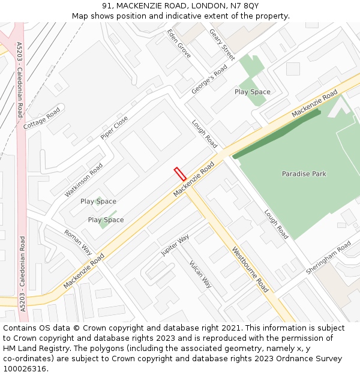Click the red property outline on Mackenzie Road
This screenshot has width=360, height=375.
click(180, 173)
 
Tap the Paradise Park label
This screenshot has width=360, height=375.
click(304, 174)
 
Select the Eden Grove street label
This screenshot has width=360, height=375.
click(179, 44)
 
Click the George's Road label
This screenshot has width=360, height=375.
click(209, 80)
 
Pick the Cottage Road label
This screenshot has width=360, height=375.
click(42, 119)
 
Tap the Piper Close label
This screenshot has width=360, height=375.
click(114, 128)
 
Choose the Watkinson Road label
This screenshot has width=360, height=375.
click(84, 175)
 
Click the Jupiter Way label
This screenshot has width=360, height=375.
click(175, 245)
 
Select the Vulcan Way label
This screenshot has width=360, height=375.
click(200, 274)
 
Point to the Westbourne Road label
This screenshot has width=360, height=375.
click(250, 269)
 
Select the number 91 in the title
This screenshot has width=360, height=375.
click(107, 6)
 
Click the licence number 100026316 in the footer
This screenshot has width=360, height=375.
click(26, 368)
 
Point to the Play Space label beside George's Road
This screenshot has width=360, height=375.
click(252, 92)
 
